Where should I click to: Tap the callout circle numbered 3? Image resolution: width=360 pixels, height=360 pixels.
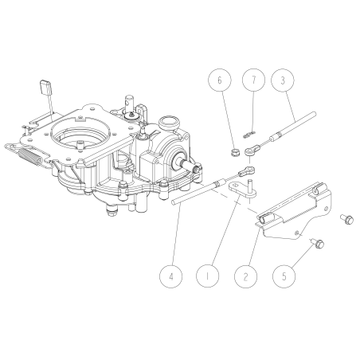click(x=280, y=80)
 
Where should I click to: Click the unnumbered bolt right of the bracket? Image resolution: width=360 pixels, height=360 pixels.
click(x=346, y=217)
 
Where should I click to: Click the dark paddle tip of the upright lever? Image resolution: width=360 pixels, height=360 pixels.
click(x=44, y=85)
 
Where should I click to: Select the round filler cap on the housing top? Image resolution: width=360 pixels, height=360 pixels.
click(x=168, y=123)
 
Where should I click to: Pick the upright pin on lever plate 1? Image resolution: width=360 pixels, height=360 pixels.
click(x=250, y=186)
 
